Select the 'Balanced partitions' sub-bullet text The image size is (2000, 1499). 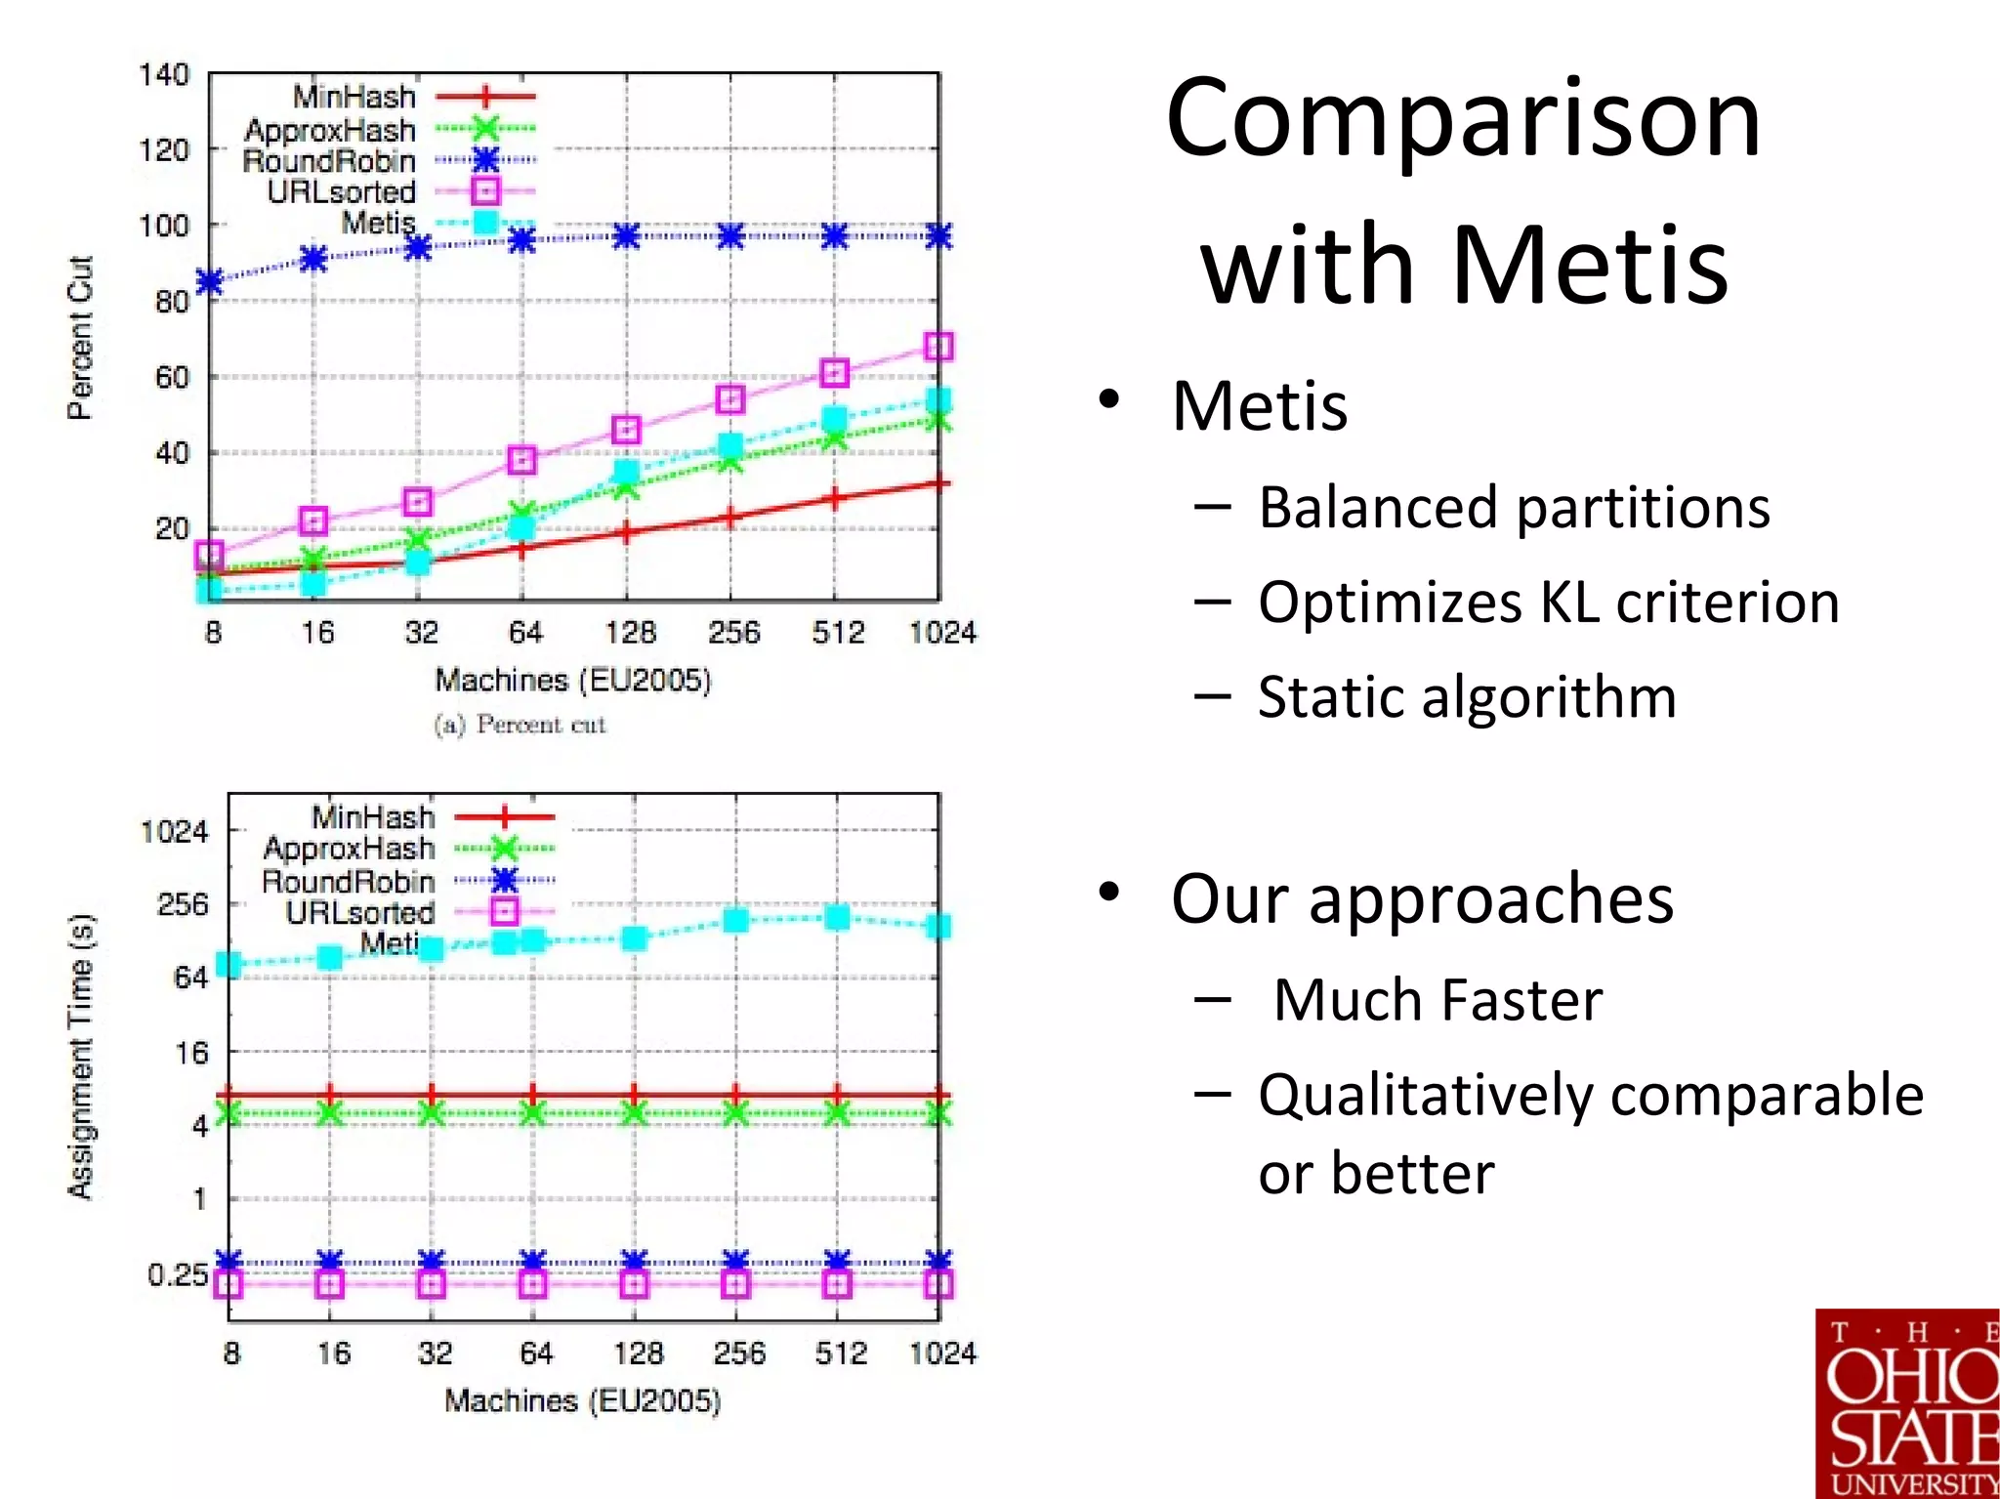1513,508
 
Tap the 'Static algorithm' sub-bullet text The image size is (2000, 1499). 1466,697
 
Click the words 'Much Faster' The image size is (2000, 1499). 1437,1000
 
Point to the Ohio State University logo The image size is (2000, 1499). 1906,1404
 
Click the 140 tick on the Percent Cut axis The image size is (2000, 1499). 163,75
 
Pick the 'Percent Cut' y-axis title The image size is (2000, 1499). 80,338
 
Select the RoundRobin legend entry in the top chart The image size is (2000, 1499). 329,161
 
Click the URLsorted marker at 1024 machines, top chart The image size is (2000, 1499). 937,347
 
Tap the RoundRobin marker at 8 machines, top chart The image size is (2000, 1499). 210,282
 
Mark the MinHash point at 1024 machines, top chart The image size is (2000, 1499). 937,483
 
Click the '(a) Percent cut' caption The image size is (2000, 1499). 520,725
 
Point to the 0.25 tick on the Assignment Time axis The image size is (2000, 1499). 177,1274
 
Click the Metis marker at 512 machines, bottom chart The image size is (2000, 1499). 837,917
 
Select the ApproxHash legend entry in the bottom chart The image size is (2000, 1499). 349,849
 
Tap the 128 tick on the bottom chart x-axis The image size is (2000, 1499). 638,1353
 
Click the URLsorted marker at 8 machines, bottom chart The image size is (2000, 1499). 229,1284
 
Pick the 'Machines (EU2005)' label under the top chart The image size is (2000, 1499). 573,680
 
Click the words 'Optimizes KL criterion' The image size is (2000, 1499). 1548,603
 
